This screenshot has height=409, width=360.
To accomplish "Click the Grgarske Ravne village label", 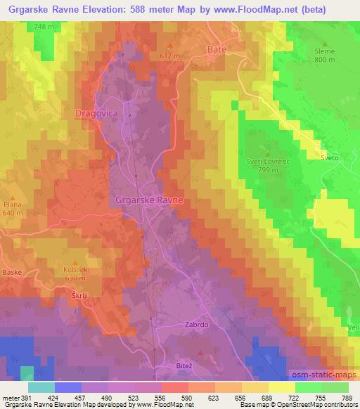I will pyautogui.click(x=149, y=200).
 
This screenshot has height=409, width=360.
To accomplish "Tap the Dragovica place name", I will pyautogui.click(x=96, y=112).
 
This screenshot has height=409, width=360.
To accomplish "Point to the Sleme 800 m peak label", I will pyautogui.click(x=325, y=56).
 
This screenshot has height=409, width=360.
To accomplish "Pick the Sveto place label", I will pyautogui.click(x=330, y=158).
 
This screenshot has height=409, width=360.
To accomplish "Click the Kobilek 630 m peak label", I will pyautogui.click(x=77, y=273).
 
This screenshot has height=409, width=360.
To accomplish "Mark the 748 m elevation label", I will pyautogui.click(x=44, y=27).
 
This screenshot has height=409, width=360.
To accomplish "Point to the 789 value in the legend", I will pyautogui.click(x=347, y=397).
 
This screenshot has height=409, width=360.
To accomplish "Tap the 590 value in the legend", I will pyautogui.click(x=186, y=397).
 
